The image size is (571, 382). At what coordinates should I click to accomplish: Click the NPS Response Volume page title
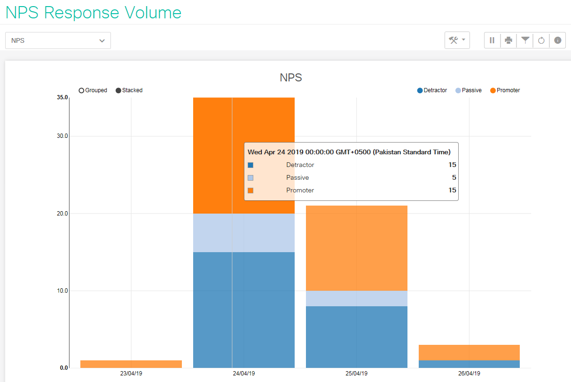tap(93, 12)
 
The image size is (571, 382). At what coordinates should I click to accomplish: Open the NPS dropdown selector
tap(58, 40)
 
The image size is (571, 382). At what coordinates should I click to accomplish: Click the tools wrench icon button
tap(457, 40)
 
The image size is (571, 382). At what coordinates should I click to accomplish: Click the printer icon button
tap(508, 40)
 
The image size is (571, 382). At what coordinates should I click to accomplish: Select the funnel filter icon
tap(525, 40)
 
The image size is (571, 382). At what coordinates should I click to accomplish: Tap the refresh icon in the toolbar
tap(541, 40)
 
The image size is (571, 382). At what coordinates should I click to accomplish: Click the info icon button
tap(557, 40)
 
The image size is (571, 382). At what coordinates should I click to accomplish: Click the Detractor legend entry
tap(432, 90)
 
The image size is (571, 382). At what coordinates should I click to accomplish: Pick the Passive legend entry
tap(469, 90)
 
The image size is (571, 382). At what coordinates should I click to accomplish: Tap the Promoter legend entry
tap(505, 90)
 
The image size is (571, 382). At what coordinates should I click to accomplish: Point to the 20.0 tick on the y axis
tap(62, 214)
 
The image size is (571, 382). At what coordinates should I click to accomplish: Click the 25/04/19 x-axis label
tap(356, 374)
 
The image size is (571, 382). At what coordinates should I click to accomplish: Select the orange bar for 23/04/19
tap(131, 364)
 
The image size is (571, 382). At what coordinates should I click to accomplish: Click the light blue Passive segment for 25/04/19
tap(356, 298)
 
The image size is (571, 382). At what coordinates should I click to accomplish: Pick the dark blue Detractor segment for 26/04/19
tap(469, 364)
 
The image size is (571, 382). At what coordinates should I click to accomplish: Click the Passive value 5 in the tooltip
tap(454, 178)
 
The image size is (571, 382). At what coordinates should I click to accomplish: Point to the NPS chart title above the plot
tap(290, 78)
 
